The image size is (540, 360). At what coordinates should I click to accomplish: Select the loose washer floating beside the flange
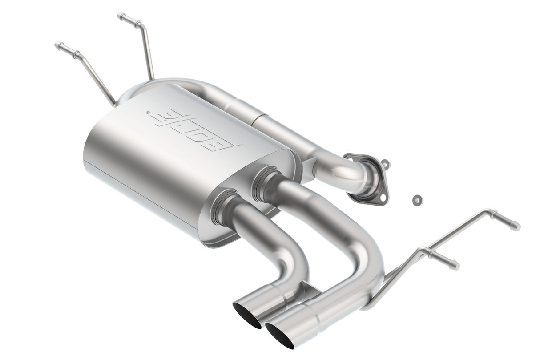click(x=417, y=200)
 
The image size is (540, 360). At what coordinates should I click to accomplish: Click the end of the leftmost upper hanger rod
click(x=58, y=45)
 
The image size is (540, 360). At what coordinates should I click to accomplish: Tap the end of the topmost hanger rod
click(x=120, y=16)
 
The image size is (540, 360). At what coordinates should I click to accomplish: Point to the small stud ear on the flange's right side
click(x=385, y=164)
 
